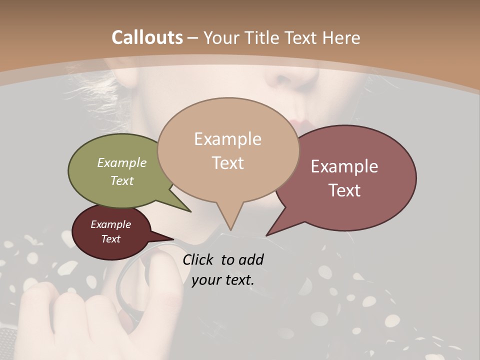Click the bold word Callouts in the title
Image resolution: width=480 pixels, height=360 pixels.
coord(147,37)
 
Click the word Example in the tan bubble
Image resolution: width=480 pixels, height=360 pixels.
coord(227,138)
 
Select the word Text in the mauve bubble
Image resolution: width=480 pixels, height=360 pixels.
coord(344,190)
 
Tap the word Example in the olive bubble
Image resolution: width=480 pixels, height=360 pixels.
coord(122,162)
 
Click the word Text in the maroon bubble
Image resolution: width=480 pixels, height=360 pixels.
coord(111,239)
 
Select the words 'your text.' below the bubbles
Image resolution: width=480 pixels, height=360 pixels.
coord(223,279)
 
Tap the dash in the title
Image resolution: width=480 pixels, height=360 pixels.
coord(193,37)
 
